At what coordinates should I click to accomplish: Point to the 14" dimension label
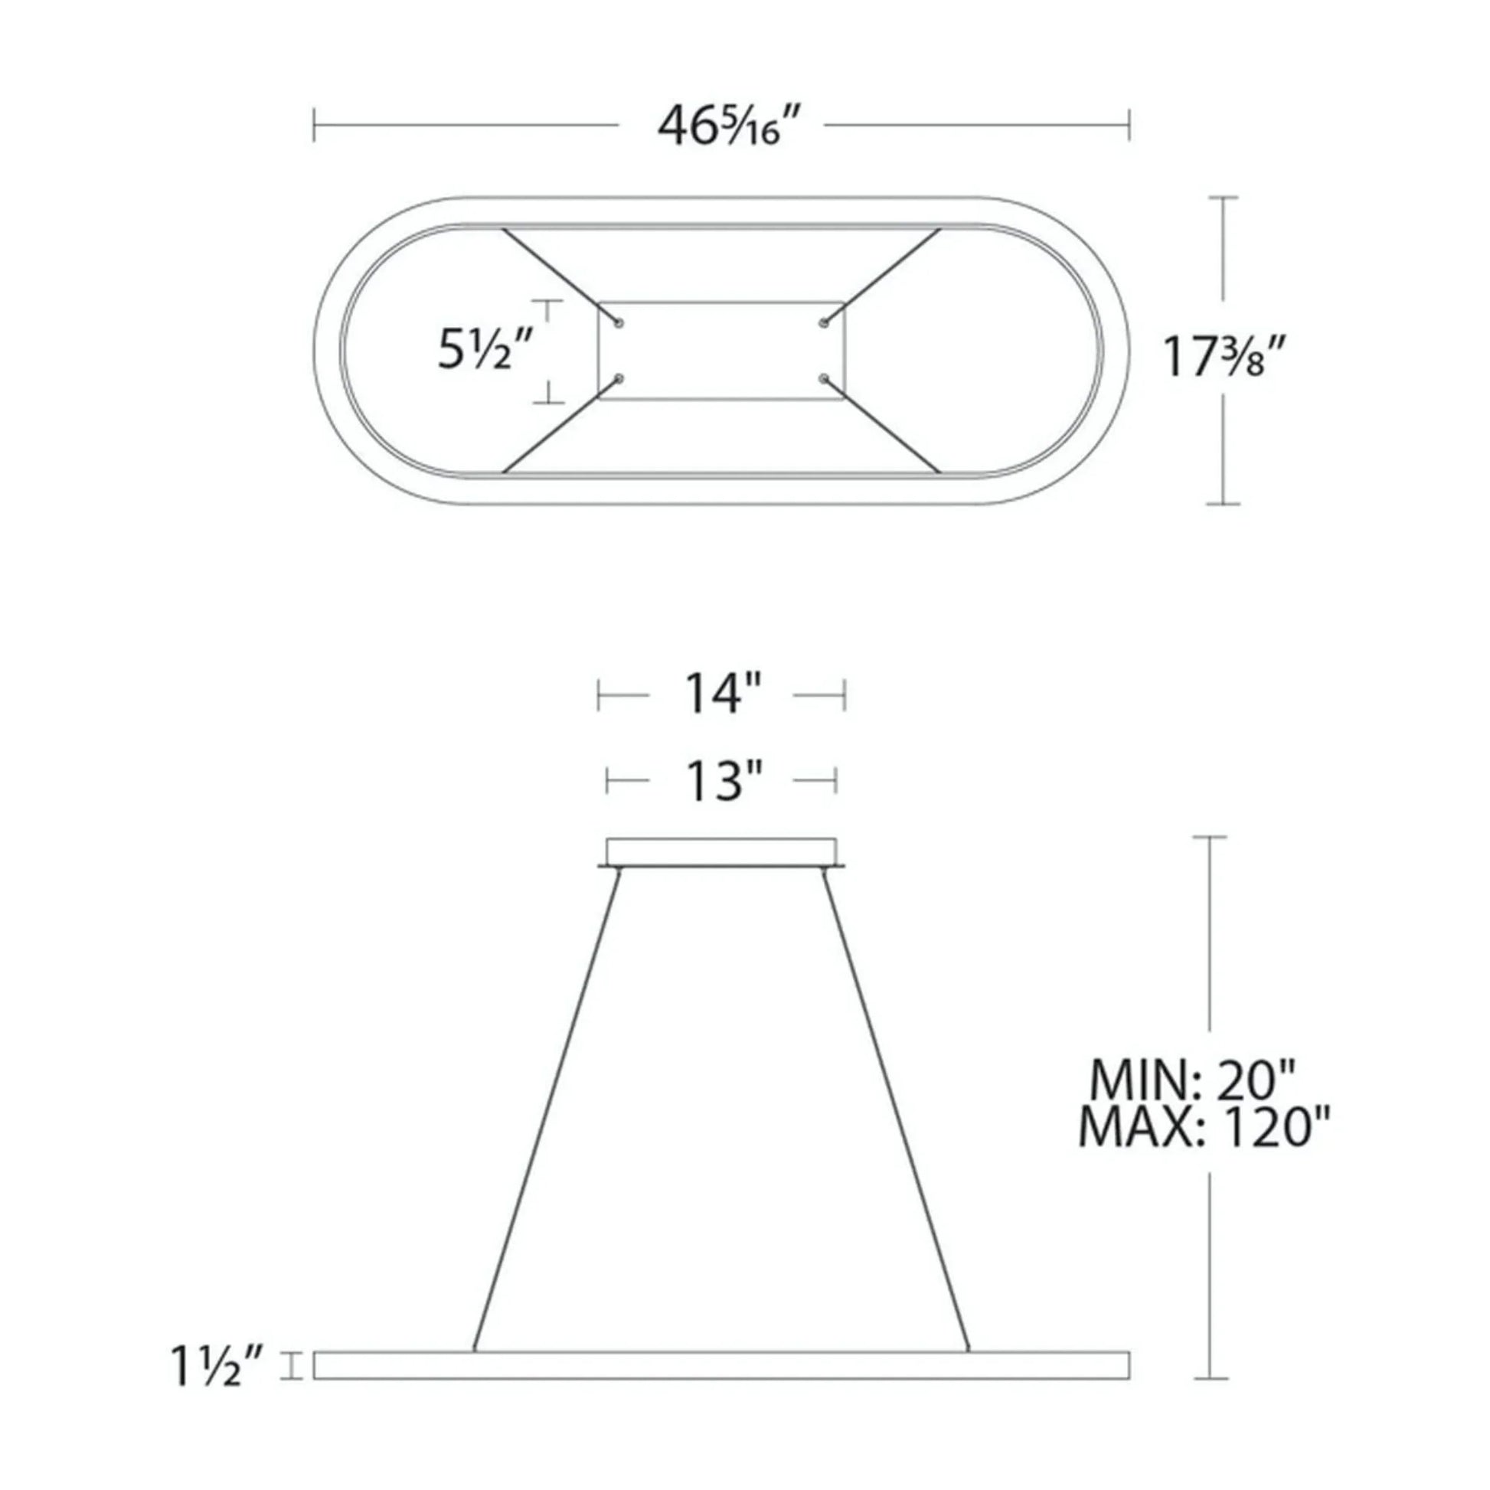click(x=721, y=695)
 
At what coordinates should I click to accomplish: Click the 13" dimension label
click(x=721, y=781)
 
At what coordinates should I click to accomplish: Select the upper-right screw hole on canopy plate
click(x=824, y=322)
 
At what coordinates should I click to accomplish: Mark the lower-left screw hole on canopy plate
click(x=619, y=378)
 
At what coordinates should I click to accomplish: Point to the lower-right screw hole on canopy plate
click(x=824, y=378)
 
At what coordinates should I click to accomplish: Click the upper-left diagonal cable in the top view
click(x=559, y=276)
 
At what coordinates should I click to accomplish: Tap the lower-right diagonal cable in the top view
click(x=883, y=426)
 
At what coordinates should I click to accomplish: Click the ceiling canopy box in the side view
click(x=721, y=851)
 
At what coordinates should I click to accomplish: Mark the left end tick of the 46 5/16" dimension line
click(x=314, y=126)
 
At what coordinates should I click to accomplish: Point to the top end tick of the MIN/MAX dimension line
click(x=1209, y=837)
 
